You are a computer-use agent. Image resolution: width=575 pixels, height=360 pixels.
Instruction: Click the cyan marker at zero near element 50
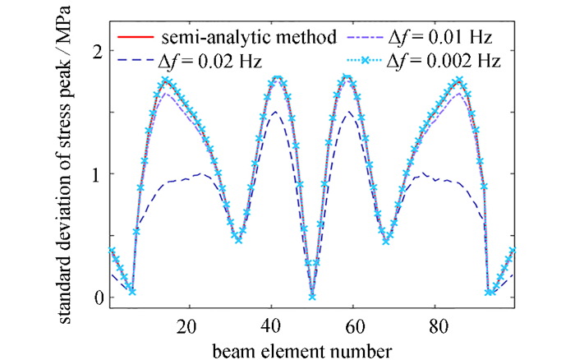tap(312, 295)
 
